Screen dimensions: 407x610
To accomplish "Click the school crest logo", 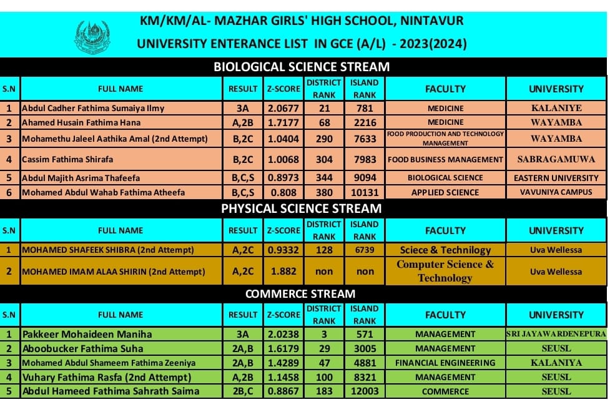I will click(92, 37).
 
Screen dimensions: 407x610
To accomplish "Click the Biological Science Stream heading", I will click(302, 67).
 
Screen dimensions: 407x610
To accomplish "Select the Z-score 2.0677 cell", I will click(283, 108).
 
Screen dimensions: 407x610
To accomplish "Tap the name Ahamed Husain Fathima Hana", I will click(81, 122).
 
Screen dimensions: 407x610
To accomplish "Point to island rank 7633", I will click(365, 139).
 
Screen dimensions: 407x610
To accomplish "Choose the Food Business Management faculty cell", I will click(445, 159).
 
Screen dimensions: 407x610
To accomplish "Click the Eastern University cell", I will click(556, 178).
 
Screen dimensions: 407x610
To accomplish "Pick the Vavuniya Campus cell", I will click(556, 192).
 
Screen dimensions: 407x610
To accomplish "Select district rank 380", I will click(324, 192).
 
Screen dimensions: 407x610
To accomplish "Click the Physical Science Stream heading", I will click(302, 208).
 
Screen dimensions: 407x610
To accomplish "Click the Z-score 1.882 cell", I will click(283, 272).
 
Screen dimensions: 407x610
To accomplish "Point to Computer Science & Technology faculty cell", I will click(445, 271).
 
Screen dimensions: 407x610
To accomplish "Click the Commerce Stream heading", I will click(300, 293).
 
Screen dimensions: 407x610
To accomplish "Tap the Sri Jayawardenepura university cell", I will click(556, 334).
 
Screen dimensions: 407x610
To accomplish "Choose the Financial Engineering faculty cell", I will click(445, 363).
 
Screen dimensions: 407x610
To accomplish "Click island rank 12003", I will click(365, 391).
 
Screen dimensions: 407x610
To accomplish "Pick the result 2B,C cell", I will click(243, 391).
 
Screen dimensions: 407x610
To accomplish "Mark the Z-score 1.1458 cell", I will click(283, 377).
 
